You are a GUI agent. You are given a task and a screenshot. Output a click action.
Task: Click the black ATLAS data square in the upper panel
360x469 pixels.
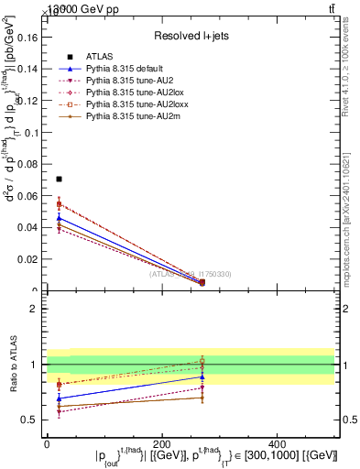tap(59, 179)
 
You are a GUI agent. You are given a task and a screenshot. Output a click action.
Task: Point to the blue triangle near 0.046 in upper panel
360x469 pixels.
tap(59, 217)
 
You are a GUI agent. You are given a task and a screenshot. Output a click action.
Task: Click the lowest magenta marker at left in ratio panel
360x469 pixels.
tap(59, 412)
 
